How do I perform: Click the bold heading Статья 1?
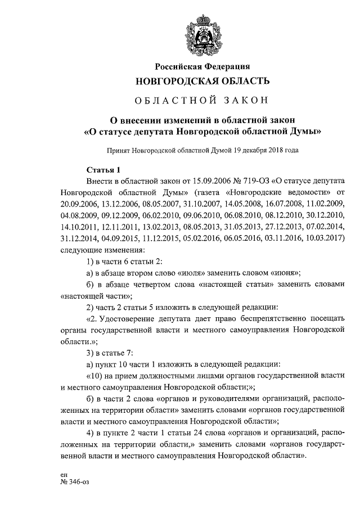coord(103,170)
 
